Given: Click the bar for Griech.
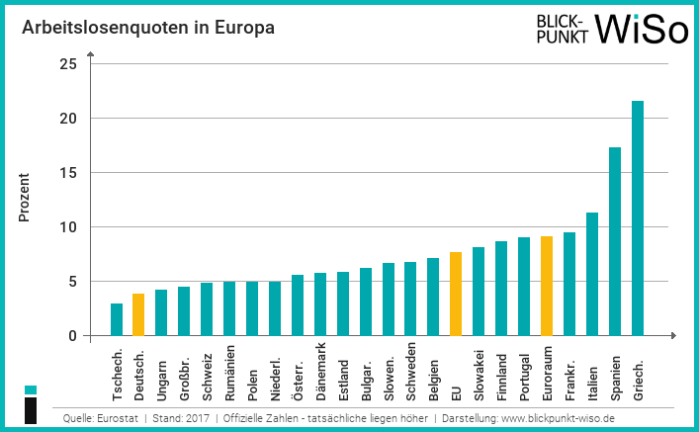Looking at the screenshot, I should tap(638, 218).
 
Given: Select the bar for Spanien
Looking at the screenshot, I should tap(615, 242).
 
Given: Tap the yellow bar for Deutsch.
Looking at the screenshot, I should tap(138, 314).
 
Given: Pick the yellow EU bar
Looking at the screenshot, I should tap(456, 295).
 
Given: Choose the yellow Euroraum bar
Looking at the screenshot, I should tap(547, 287).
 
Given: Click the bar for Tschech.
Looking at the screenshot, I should tap(116, 319).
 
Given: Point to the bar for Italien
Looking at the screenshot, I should tap(592, 275).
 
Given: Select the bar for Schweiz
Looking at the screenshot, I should tap(207, 309).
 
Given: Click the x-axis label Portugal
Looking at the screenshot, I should tap(524, 372).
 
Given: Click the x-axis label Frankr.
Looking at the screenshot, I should tap(569, 368).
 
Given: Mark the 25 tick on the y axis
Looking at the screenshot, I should tap(68, 64).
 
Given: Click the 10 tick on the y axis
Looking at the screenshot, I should tap(68, 227).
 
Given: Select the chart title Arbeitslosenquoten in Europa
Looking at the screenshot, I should tap(148, 28).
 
